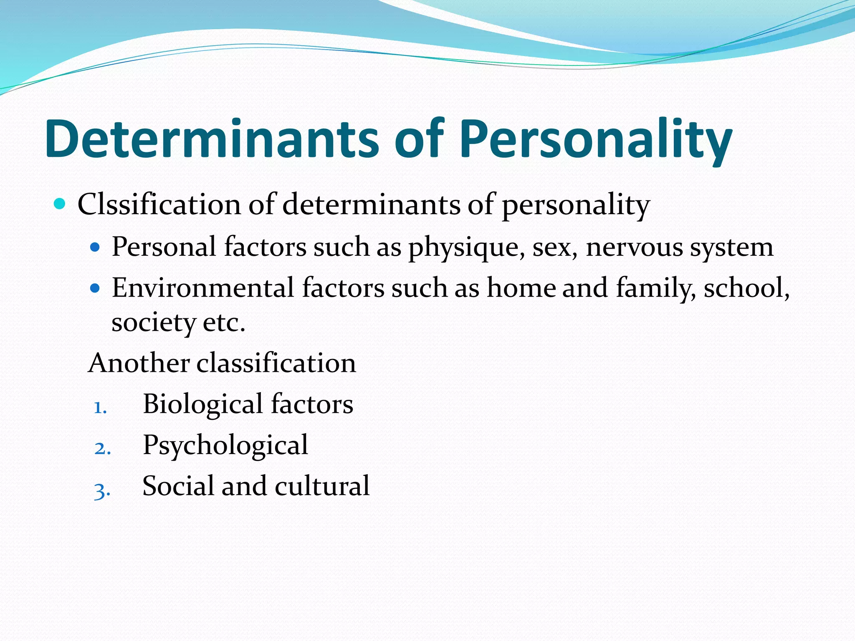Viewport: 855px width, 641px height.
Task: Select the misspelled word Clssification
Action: click(x=159, y=204)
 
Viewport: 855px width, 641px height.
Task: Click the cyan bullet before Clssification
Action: click(x=60, y=204)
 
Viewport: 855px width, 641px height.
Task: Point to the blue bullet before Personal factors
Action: click(x=96, y=247)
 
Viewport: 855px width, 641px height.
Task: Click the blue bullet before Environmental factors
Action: click(x=96, y=288)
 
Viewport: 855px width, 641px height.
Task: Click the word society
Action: click(x=154, y=323)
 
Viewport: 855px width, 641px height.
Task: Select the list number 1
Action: click(x=100, y=407)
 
